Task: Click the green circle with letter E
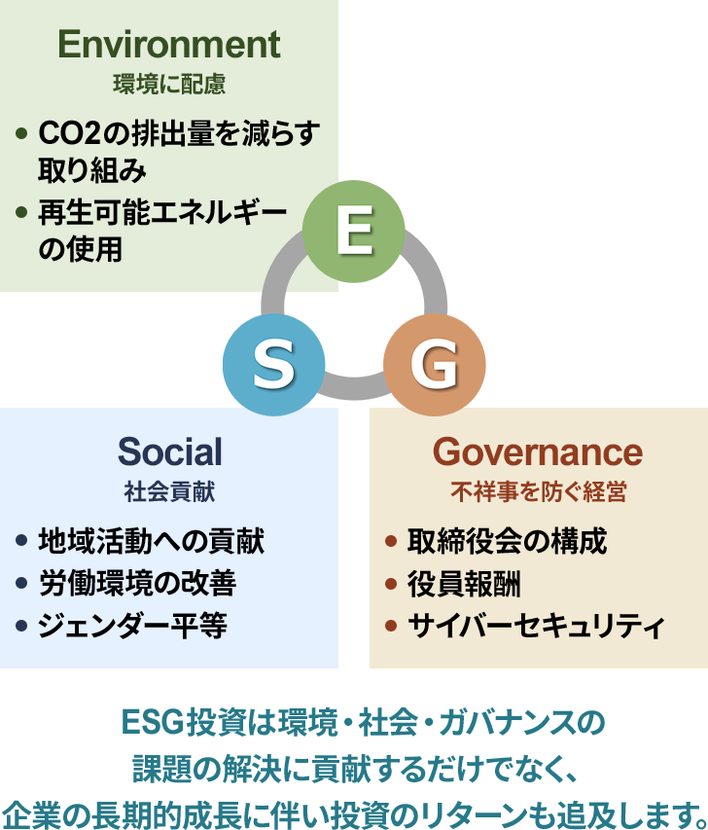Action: (353, 232)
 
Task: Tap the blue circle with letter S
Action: (273, 365)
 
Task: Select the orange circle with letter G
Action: (435, 365)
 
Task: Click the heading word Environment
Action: (169, 44)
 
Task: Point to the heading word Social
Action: (169, 451)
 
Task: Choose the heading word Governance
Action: (538, 451)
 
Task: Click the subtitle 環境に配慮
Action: (169, 84)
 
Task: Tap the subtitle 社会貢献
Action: (169, 491)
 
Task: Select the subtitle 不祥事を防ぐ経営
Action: (539, 491)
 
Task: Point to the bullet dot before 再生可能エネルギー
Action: (21, 212)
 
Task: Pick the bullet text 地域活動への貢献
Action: (152, 541)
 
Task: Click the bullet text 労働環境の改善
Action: (137, 583)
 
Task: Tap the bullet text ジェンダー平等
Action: (132, 626)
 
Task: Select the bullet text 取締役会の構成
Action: (507, 541)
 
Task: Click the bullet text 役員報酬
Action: (464, 583)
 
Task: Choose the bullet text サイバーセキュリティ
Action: (536, 626)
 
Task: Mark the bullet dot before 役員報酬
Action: (391, 583)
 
